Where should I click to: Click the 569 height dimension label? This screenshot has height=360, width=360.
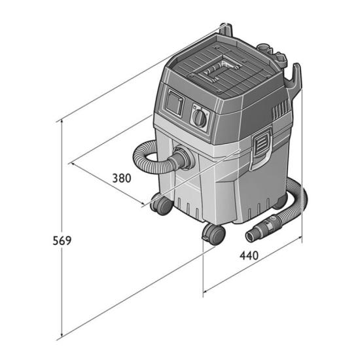click(62, 241)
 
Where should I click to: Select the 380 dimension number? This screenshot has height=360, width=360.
click(122, 178)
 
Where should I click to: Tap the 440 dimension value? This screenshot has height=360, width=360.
click(249, 255)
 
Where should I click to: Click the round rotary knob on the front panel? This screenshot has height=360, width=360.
click(199, 118)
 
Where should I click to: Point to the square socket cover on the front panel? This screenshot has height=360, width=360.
click(175, 103)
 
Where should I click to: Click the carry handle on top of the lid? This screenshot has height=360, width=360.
click(220, 71)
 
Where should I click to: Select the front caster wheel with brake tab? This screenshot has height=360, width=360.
click(213, 234)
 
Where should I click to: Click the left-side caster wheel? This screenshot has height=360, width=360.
click(161, 204)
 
